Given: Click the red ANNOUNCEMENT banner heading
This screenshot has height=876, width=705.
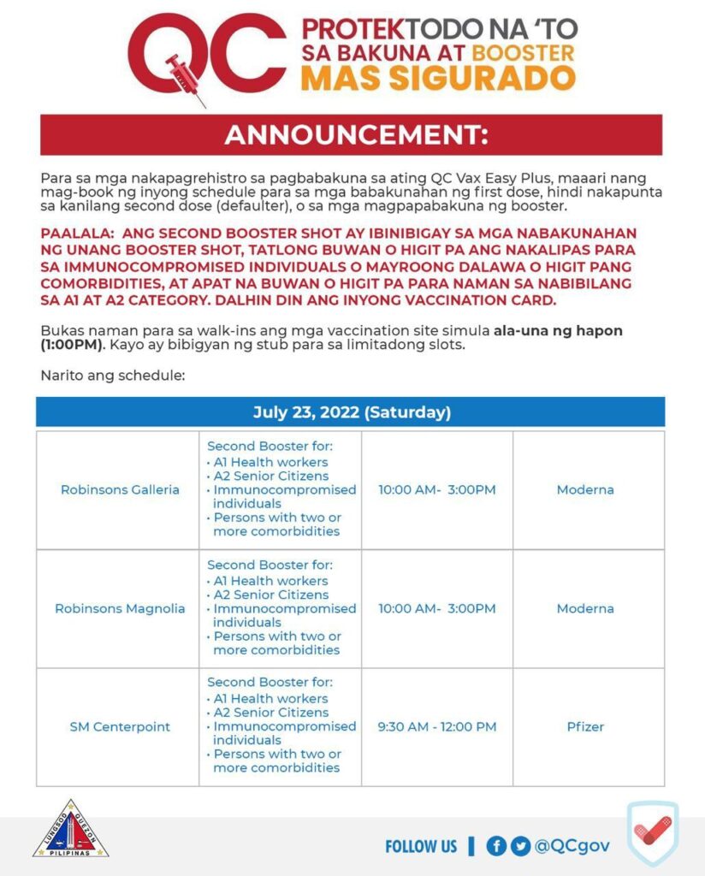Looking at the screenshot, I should point(351,135).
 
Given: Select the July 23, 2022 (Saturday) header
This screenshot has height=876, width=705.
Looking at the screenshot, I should point(351,412).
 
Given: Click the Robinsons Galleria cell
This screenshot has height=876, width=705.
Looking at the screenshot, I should point(120,490).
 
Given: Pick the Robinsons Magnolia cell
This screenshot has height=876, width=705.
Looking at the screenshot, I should point(120,609).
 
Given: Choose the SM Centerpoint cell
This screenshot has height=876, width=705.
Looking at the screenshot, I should point(120,727).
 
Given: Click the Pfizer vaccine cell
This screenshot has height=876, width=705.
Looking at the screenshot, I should point(585,727).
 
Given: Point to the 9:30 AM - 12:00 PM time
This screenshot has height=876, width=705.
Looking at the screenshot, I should point(436,727).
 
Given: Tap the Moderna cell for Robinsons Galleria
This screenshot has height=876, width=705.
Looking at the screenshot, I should point(585,490).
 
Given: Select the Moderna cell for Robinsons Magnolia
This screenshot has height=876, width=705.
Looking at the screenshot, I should point(585,609).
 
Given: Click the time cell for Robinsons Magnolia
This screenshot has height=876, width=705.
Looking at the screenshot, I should point(436,609).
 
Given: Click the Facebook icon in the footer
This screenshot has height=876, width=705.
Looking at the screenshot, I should point(496,846).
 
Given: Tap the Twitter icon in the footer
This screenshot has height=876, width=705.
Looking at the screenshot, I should point(520,846).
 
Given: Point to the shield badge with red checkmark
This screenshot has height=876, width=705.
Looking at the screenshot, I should point(652,832).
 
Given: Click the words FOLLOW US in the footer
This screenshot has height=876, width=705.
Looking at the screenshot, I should point(421,846).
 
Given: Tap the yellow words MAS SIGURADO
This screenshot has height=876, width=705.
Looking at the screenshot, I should point(438,78).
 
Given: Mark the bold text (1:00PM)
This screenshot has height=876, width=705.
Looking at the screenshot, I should point(72,346).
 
